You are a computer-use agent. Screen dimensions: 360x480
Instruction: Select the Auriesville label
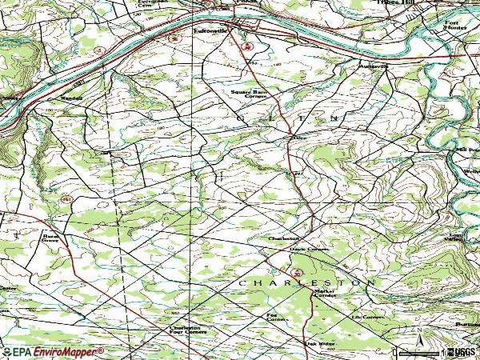point(373,66)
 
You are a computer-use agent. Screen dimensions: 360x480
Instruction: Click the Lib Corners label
point(368,317)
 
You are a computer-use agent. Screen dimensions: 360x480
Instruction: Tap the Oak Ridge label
point(319,345)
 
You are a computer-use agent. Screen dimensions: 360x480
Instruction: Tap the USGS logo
point(462,351)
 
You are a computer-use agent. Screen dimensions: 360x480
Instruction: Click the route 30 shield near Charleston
point(297,274)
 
